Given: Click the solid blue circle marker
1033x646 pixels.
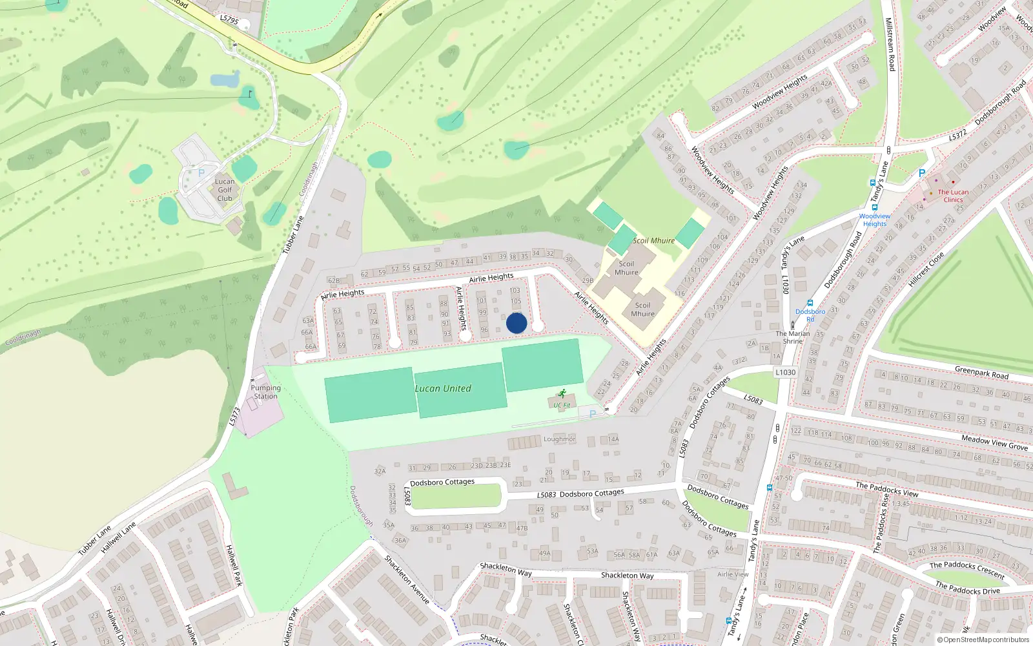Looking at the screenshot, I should click(516, 323).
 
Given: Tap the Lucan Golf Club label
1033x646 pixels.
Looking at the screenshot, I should click(225, 190).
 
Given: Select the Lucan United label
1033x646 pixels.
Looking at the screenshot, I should click(443, 388).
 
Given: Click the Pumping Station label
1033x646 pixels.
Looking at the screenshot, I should click(266, 392).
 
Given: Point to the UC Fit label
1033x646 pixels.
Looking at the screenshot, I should click(562, 405).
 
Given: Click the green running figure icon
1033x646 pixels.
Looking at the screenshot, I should click(562, 394).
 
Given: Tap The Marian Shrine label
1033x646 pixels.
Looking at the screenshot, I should click(793, 337).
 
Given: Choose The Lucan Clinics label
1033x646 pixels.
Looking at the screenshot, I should click(953, 196).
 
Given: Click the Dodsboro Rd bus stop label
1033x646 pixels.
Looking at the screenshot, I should click(810, 315).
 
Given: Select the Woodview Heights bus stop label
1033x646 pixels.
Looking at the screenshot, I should click(875, 220).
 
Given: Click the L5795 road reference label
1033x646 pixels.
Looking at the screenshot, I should click(229, 20).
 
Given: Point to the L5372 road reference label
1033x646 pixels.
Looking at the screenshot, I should click(957, 136).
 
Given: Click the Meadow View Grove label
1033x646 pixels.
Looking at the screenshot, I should click(994, 443).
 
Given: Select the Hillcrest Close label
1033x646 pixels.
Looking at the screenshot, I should click(926, 269).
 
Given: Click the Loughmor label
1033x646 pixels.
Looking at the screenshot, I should click(559, 439).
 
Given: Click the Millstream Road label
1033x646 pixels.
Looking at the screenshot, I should click(890, 44).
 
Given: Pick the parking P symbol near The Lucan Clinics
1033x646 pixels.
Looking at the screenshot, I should click(922, 174).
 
